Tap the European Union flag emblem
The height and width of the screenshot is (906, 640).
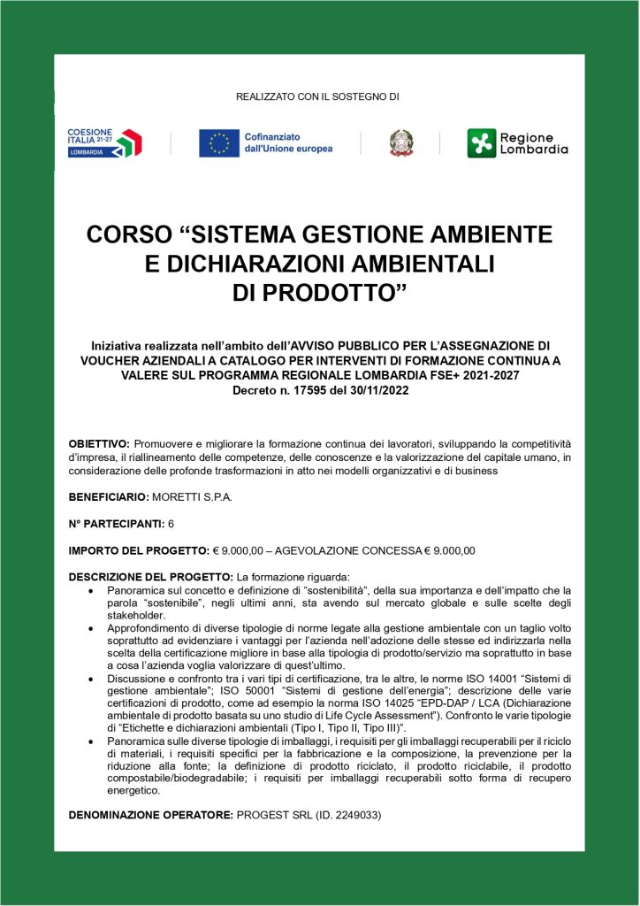coord(219,143)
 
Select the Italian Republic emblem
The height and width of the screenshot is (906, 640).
coord(401,143)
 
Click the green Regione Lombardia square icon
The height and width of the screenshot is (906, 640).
coord(482,143)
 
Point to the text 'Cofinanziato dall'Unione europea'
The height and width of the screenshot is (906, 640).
coord(288,143)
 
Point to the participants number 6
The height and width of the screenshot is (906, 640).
coord(171,524)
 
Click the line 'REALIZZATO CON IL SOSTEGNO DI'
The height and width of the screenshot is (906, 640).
coord(318,96)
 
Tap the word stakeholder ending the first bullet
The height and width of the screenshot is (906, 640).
coord(134,615)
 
